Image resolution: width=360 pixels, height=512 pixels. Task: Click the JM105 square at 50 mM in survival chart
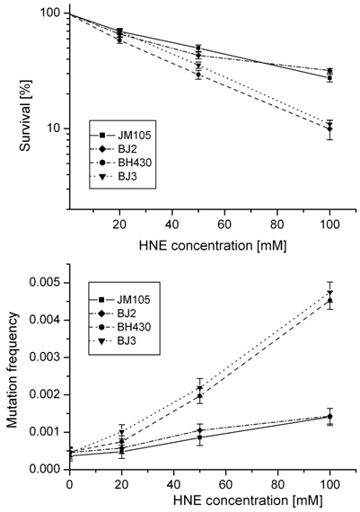coord(198,49)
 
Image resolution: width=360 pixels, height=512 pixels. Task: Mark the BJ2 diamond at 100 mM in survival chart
coord(329,129)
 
